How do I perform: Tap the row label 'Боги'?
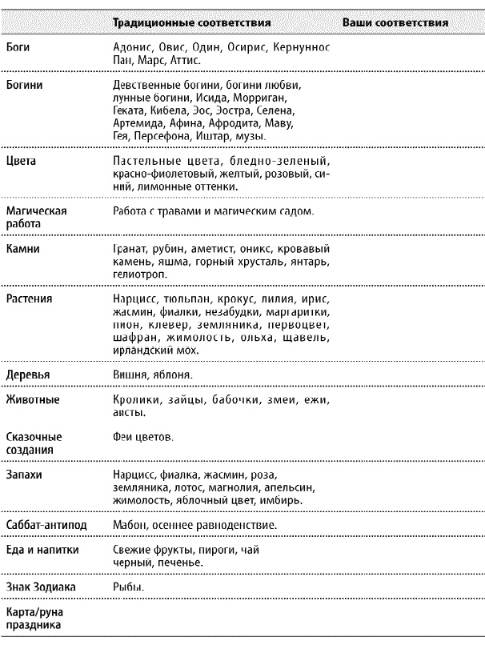coord(17,47)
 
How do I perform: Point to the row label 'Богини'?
coord(23,83)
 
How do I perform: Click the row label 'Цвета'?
coord(19,160)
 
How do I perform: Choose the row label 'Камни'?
coord(21,249)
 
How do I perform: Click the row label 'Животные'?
coord(31,399)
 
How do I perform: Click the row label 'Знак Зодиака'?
coord(40,587)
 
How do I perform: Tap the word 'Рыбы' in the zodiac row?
coord(129,587)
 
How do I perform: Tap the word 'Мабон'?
coord(131,524)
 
